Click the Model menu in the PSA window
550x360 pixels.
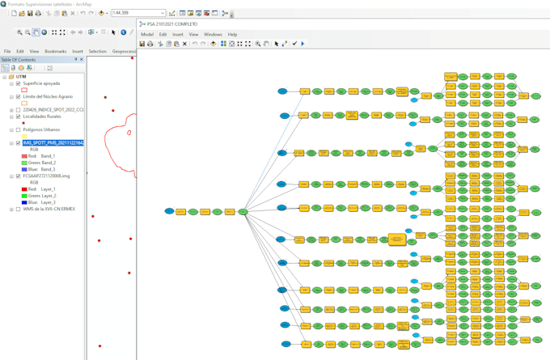coord(146,35)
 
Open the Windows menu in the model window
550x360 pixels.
coord(213,35)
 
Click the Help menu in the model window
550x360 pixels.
coord(232,35)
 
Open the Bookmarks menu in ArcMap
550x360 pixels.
coord(56,51)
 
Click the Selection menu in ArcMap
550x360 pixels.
coord(97,51)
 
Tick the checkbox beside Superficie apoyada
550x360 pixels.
coord(18,83)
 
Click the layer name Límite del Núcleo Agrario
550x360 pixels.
coord(48,96)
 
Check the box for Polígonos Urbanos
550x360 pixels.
coord(18,129)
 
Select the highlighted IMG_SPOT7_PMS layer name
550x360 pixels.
coord(53,143)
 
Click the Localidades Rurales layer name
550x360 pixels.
coord(42,116)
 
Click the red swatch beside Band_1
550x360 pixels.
coord(24,156)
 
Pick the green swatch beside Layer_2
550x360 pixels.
coord(24,195)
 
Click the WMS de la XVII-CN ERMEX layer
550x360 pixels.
coord(49,209)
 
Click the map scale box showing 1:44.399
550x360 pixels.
coord(137,13)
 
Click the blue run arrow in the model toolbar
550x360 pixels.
coord(303,44)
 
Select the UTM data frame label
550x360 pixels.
coord(22,77)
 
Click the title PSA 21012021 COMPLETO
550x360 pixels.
coord(171,23)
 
